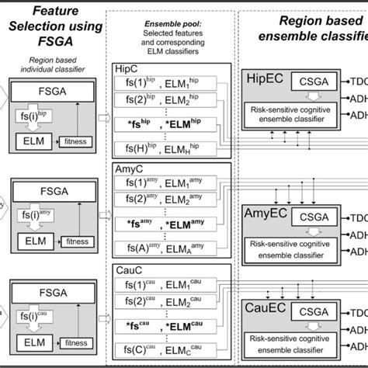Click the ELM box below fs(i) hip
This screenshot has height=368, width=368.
(34, 141)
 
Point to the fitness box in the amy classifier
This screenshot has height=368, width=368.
(78, 241)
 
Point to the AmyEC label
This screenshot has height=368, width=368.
(265, 213)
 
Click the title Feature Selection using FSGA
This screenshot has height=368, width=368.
(54, 26)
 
